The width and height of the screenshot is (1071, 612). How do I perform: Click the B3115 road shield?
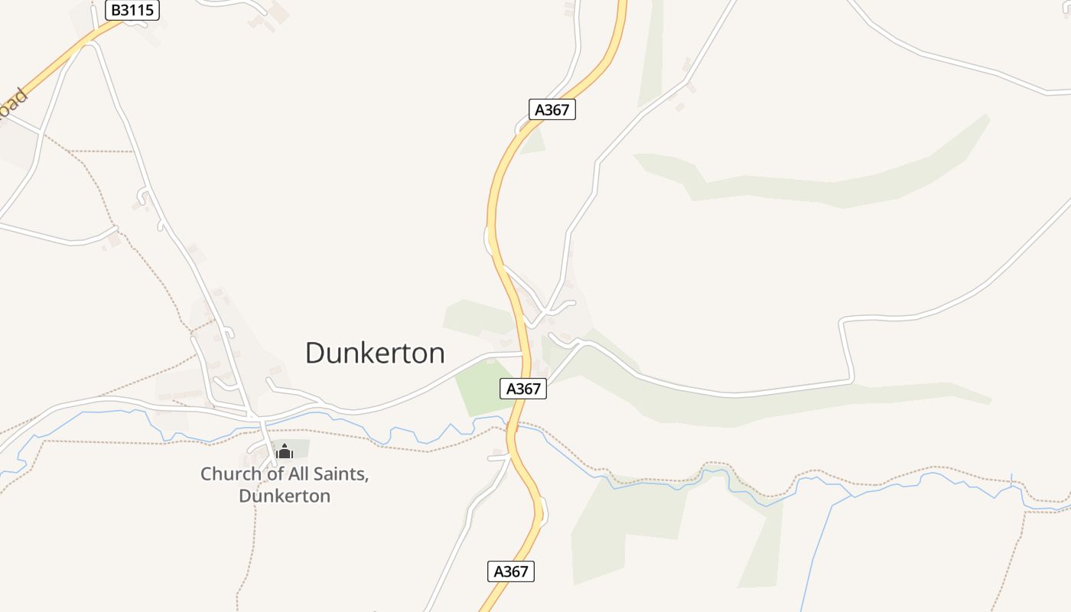[132, 10]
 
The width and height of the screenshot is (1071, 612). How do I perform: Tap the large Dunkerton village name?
[375, 353]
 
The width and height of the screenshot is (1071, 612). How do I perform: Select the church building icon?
[285, 451]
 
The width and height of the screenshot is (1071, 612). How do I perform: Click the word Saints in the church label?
[339, 474]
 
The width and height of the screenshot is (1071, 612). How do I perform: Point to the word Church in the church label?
[228, 474]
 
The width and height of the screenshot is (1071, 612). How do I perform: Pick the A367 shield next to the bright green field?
[523, 389]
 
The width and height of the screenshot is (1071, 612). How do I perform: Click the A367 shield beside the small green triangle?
[552, 109]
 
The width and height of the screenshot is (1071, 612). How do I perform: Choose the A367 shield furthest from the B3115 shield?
[510, 571]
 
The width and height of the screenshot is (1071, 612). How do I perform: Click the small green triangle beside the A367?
[534, 142]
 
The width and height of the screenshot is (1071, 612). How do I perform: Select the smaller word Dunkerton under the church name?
[285, 496]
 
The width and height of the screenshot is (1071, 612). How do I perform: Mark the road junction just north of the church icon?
[260, 419]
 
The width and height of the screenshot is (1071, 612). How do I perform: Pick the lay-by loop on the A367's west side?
[487, 239]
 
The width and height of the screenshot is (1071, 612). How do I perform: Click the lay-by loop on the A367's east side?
[543, 510]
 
